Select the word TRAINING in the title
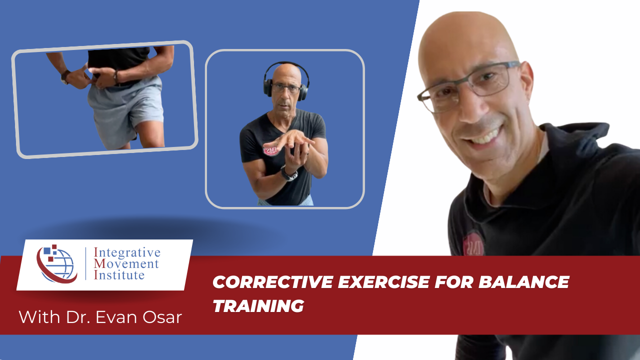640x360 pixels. [258, 306]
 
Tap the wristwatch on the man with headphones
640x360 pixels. [288, 173]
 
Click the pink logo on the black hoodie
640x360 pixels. [472, 243]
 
